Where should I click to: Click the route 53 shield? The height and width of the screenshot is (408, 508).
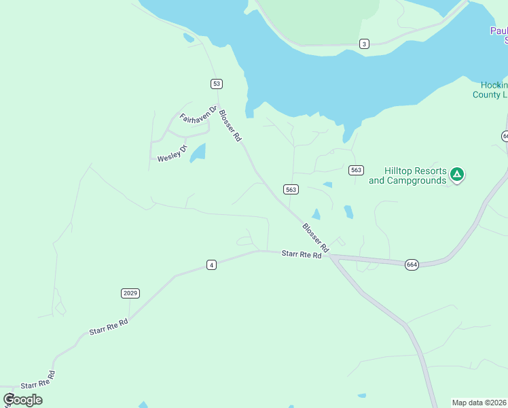[x=216, y=84]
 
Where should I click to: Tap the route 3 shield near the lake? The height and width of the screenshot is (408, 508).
[x=365, y=44]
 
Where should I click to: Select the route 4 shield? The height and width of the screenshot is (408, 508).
[x=212, y=265]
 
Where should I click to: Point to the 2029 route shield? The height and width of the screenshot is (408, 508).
[x=130, y=293]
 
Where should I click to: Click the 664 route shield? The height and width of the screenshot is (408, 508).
[x=412, y=264]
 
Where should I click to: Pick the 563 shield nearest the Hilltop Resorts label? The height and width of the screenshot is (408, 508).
[x=357, y=170]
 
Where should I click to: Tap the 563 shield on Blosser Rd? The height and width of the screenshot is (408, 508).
[x=291, y=189]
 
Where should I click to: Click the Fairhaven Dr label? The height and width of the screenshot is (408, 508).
[x=198, y=114]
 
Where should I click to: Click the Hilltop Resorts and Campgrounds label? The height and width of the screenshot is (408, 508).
[x=407, y=175]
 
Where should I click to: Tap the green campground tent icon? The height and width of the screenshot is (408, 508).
[x=458, y=175]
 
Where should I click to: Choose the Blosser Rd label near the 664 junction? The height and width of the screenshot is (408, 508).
[x=316, y=238]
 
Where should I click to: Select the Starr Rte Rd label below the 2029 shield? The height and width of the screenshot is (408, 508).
[x=109, y=326]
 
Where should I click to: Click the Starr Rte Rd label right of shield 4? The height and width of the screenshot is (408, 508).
[x=301, y=254]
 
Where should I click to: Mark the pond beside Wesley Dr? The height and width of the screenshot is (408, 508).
[x=198, y=153]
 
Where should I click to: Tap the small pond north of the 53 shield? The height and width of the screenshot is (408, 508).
[x=188, y=38]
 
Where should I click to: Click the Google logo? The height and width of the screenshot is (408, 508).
[x=23, y=399]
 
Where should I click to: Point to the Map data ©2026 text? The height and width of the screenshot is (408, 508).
[x=479, y=403]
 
